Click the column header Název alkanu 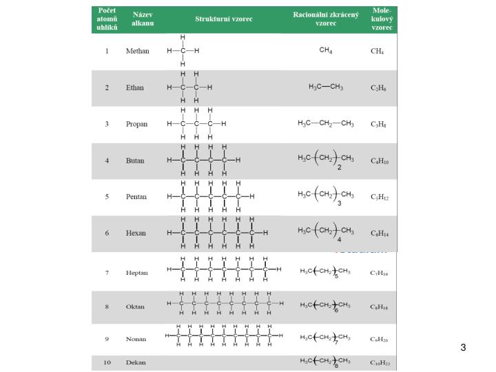[143, 19]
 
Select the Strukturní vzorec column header [223, 19]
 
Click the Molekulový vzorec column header [382, 19]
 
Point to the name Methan [138, 52]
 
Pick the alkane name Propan [136, 124]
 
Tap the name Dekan [136, 362]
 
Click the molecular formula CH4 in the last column [378, 52]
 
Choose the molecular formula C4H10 [380, 161]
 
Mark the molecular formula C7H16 [380, 273]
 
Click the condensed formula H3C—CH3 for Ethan [326, 87]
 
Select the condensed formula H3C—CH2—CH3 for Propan [326, 124]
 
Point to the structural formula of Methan [183, 51]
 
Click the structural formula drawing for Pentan [211, 196]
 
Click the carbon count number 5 [107, 196]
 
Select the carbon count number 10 [107, 362]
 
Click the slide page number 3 [464, 347]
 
